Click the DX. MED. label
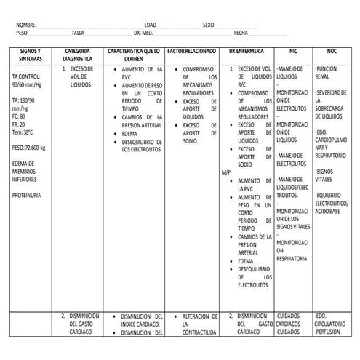pos(143,33)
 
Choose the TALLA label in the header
pos(78,33)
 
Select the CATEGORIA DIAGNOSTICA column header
pos(77,56)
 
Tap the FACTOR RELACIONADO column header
pos(191,52)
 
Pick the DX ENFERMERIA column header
pos(246,52)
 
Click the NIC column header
pos(293,52)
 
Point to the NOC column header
pos(332,52)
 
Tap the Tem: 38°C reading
pos(23,132)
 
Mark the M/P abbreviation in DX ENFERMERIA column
pos(225,172)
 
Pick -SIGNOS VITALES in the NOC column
pos(325,175)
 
